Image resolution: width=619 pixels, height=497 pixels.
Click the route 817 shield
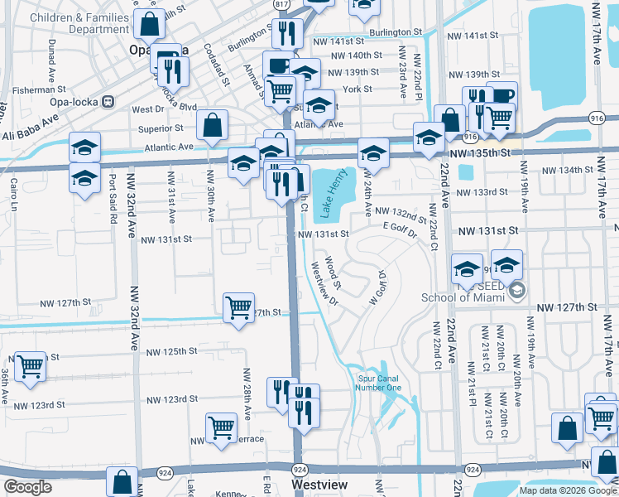pos(283,5)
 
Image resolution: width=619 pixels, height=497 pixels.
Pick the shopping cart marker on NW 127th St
pos(239,307)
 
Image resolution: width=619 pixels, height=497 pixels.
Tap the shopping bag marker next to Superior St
pos(213,125)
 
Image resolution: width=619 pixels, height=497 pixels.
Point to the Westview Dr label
pos(323,284)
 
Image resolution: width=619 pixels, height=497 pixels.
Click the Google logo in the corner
pos(27,487)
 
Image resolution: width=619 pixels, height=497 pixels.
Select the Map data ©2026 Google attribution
pos(567,490)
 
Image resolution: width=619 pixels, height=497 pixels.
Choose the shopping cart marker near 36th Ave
pos(31,365)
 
